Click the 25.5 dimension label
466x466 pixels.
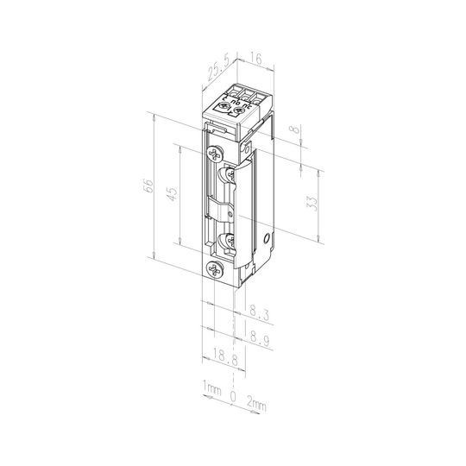tap(218, 69)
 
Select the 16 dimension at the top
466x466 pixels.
tap(255, 59)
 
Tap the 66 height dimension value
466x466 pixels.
tap(148, 186)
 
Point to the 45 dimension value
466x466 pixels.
tap(173, 194)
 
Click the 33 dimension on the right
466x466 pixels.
tap(312, 204)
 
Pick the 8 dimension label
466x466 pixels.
tap(295, 129)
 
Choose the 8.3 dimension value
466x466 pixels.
tap(260, 313)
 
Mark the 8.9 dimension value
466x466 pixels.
tap(261, 338)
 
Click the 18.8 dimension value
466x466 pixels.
tap(225, 356)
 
